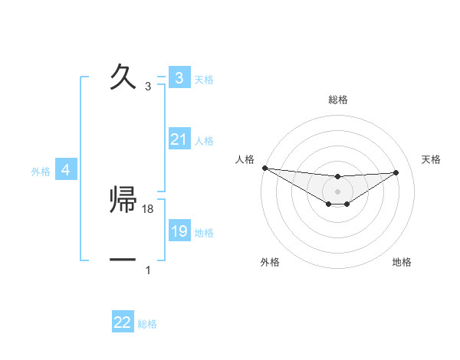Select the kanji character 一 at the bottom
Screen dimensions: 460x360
[123, 260]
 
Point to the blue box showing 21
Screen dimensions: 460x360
[179, 139]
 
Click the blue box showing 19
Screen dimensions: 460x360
[179, 231]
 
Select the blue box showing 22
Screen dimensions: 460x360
[123, 322]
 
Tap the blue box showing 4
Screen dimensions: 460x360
[66, 170]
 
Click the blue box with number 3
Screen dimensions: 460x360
[179, 78]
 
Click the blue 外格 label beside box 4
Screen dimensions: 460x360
[41, 172]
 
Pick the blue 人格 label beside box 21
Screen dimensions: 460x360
[204, 141]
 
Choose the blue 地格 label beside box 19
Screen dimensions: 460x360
[204, 233]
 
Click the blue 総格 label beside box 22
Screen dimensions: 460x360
[147, 324]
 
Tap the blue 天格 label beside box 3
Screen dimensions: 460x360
[204, 80]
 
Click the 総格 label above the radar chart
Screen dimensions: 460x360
[338, 100]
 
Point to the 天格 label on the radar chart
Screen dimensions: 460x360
[431, 159]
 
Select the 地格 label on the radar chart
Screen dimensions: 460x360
[402, 262]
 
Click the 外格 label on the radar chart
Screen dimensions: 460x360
[270, 262]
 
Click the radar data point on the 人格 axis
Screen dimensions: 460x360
[264, 168]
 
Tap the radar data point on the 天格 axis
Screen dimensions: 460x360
[396, 172]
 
